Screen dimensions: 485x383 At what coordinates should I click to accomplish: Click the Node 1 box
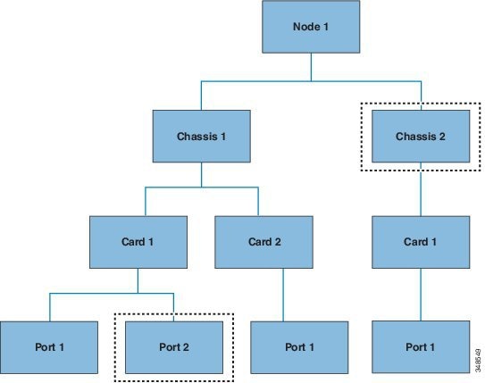point(311,27)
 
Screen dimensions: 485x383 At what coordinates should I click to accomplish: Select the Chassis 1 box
point(201,137)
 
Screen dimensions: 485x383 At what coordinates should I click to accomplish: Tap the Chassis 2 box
point(421,137)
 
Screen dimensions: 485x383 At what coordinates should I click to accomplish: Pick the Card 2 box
point(263,242)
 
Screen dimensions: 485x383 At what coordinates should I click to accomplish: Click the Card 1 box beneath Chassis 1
point(138,242)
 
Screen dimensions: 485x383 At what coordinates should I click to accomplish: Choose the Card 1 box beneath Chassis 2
point(421,242)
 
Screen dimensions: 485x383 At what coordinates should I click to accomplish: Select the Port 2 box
point(174,347)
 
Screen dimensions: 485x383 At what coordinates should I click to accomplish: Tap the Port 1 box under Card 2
point(299,347)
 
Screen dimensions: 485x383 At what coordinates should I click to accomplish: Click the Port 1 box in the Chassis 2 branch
point(421,347)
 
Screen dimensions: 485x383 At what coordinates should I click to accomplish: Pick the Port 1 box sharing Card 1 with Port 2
point(49,347)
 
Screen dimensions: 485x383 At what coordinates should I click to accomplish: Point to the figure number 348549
point(478,361)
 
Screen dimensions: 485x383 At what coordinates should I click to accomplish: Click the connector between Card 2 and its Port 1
point(283,295)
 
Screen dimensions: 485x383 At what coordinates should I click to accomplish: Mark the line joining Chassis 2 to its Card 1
point(421,189)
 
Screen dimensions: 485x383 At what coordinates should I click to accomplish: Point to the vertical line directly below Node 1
point(311,67)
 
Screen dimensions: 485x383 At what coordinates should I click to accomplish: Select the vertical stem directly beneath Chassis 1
point(201,175)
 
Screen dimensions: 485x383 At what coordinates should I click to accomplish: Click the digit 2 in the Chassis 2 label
point(442,137)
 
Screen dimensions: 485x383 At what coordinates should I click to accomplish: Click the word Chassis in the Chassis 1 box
point(197,137)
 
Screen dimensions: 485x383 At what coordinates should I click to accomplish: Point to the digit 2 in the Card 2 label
point(278,242)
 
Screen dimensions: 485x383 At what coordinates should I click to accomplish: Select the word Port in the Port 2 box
point(169,347)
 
